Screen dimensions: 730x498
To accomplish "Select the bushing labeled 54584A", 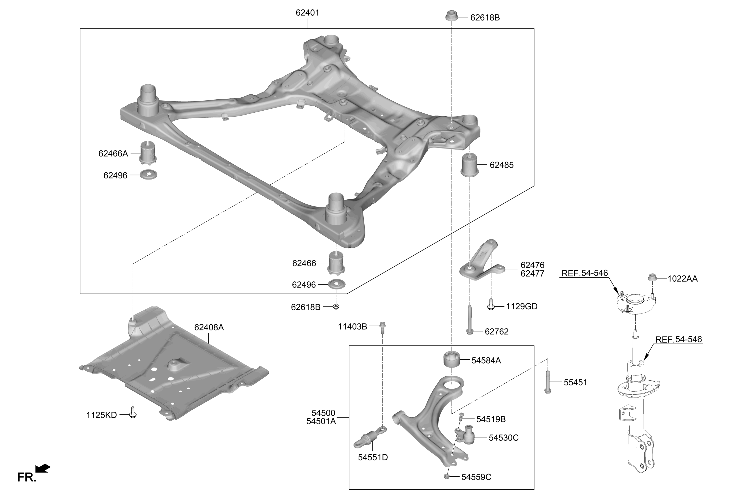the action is click(x=451, y=360).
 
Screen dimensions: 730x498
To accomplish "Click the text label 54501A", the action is click(x=321, y=421).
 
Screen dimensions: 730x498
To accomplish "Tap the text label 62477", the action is click(x=532, y=273).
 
